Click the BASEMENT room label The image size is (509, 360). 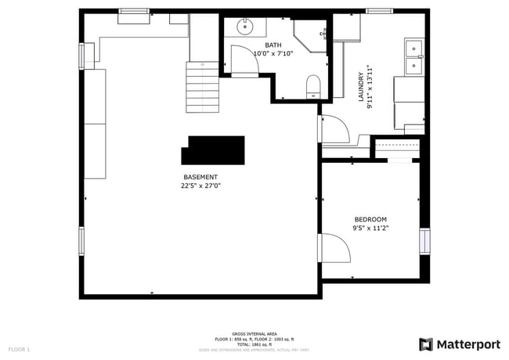pos(200,177)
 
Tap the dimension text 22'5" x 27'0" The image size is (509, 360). pos(200,186)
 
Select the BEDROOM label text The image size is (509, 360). pos(370,219)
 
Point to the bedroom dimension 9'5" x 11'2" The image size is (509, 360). pos(370,229)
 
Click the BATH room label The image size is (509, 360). pos(273,45)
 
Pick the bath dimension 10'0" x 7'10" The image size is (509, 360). pos(273,53)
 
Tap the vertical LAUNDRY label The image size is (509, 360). pos(362,87)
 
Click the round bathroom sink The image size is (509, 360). pos(245,27)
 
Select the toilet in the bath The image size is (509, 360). pos(312,85)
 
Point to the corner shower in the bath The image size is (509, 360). pos(312,33)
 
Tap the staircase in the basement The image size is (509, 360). pos(203,83)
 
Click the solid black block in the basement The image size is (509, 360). pos(215,149)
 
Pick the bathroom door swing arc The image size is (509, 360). pos(244,62)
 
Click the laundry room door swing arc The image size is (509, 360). pos(332,128)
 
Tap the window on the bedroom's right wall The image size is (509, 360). pos(424,241)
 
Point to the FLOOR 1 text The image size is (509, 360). pos(19,348)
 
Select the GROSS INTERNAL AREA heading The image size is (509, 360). pos(254,333)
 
